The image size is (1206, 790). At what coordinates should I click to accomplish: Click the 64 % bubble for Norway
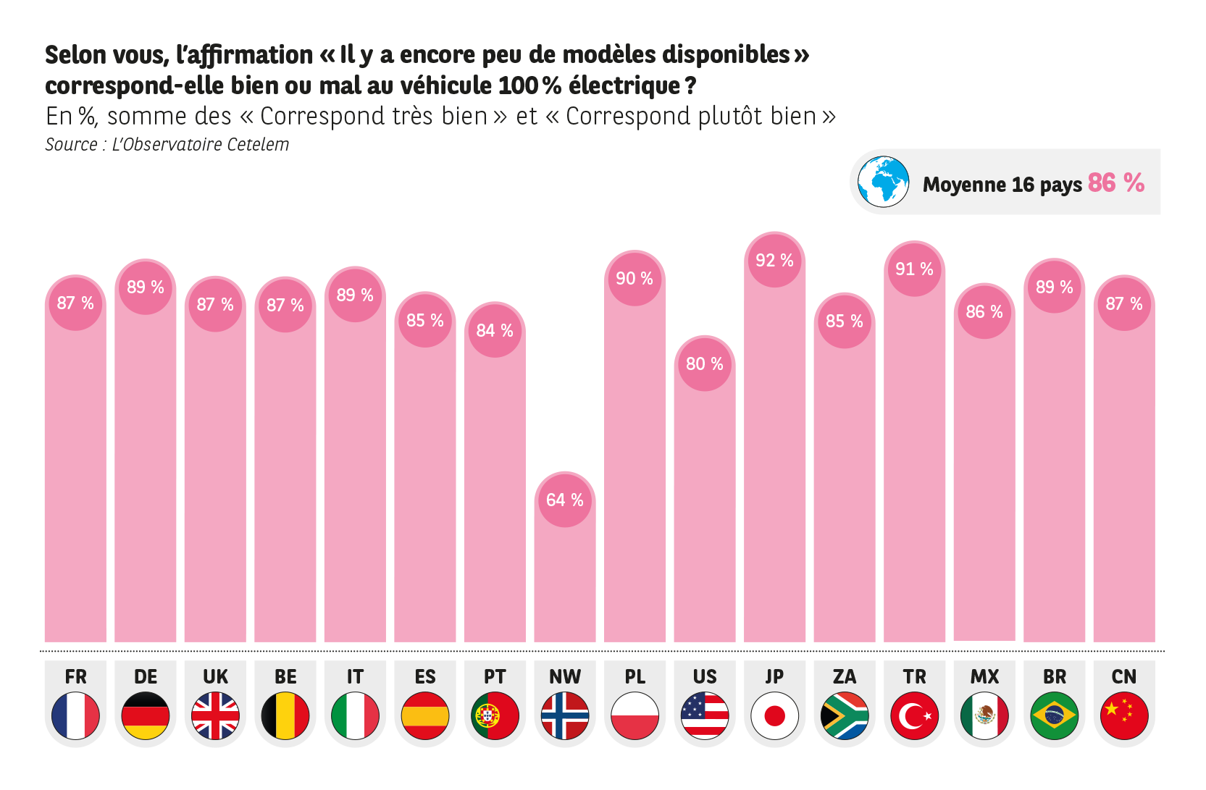click(565, 500)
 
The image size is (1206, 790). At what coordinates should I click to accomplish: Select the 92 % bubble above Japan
click(774, 261)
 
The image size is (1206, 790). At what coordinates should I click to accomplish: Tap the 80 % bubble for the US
click(705, 364)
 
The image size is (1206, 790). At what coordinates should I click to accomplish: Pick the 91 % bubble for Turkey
click(914, 269)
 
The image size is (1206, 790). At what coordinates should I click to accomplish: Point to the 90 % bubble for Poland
click(635, 279)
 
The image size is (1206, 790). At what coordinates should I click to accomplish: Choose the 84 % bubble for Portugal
click(495, 331)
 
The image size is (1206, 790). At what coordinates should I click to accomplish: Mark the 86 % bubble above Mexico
click(984, 312)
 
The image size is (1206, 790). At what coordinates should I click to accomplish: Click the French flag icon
click(75, 715)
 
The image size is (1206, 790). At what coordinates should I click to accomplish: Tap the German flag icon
click(146, 715)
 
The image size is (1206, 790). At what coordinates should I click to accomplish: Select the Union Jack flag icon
click(215, 715)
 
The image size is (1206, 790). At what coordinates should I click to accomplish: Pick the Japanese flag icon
click(774, 715)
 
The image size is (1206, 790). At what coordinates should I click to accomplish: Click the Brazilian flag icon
click(1055, 715)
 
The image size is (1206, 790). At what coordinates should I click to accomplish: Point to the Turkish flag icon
click(914, 715)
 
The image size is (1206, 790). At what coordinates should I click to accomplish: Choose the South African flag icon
click(845, 715)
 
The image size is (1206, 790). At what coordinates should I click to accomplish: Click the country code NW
click(565, 676)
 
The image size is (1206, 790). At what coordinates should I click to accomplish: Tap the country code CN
click(1124, 676)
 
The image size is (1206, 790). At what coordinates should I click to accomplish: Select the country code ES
click(425, 676)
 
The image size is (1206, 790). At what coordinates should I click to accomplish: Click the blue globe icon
click(883, 182)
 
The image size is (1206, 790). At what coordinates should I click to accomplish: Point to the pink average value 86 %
click(1116, 182)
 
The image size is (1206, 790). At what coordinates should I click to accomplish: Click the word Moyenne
click(964, 185)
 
